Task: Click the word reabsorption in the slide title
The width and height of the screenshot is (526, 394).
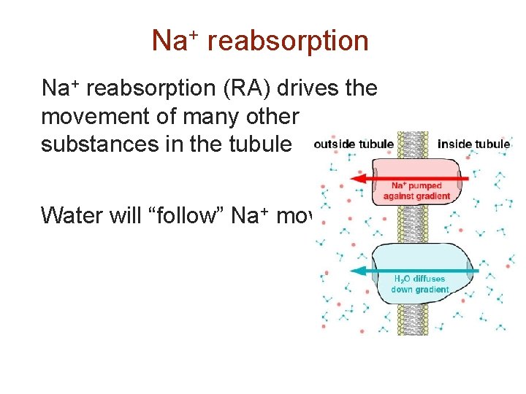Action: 288,42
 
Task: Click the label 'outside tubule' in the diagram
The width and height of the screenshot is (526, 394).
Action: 354,144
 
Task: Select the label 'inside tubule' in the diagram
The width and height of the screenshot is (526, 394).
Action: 473,144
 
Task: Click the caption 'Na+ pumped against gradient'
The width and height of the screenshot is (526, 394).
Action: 416,191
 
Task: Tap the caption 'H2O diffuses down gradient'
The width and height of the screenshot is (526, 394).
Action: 419,284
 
